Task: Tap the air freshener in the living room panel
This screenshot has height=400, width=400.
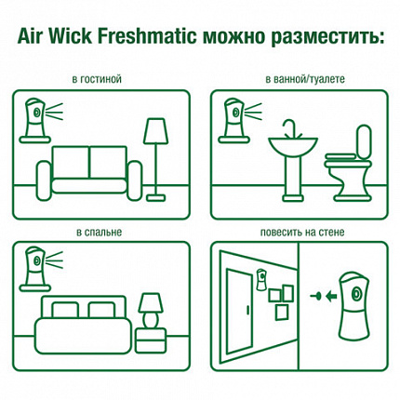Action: click(x=36, y=116)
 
